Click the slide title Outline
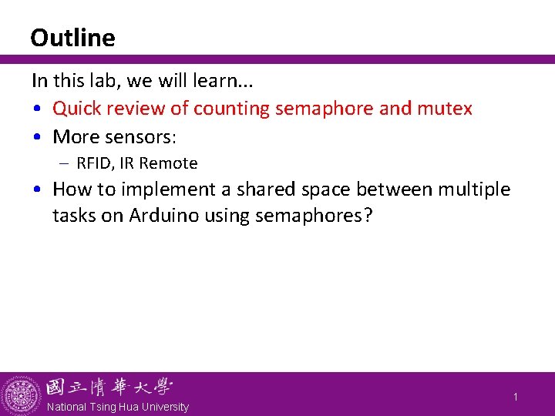(x=72, y=38)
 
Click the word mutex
(x=445, y=109)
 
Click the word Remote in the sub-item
(x=169, y=163)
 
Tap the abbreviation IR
(x=127, y=163)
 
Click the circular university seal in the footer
(x=22, y=395)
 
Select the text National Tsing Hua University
(x=117, y=407)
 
